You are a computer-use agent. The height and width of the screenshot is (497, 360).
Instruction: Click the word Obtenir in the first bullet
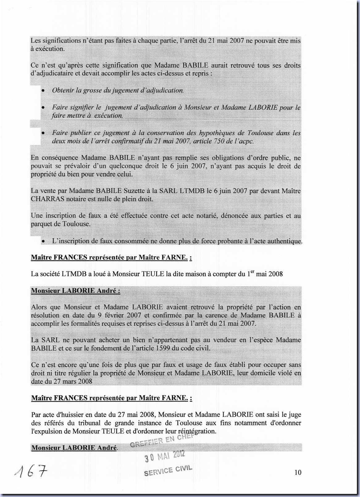coord(63,90)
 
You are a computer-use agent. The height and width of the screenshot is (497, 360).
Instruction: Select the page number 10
coord(298,472)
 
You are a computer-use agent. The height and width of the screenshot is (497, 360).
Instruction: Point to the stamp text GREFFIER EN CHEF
coord(162,441)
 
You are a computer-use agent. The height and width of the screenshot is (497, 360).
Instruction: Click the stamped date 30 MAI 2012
coord(165,456)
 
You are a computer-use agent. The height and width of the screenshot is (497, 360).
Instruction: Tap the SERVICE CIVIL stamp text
coord(168,470)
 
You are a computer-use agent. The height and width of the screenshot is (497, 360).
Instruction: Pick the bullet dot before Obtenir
coord(44,91)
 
